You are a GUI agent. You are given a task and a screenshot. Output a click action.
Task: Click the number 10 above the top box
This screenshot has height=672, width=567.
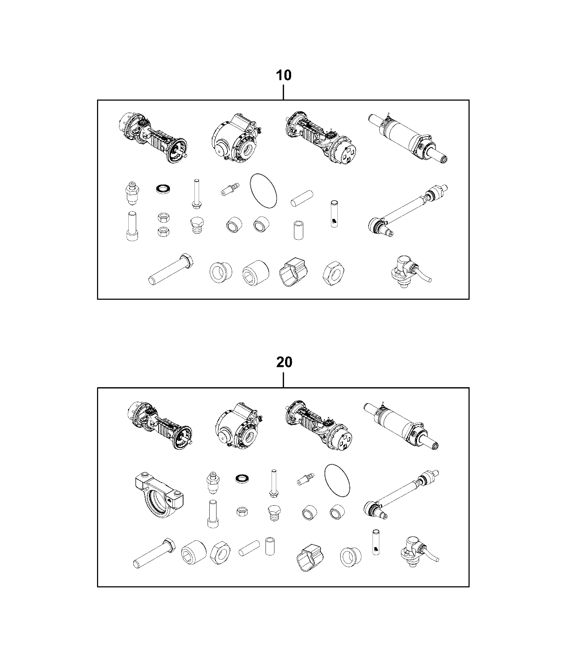pos(284,75)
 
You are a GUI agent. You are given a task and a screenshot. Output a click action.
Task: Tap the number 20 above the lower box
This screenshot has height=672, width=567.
pos(284,362)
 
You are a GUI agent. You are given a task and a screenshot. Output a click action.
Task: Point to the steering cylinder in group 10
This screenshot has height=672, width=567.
pos(409,138)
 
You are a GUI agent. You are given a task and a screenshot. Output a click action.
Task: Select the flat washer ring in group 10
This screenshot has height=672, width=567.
pos(163,188)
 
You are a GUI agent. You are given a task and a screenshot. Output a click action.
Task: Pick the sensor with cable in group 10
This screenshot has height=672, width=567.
pos(409,272)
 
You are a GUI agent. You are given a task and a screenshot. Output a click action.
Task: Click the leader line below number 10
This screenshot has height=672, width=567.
pos(283,91)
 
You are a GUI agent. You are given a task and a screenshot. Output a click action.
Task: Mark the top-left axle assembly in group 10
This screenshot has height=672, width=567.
pos(152,138)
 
